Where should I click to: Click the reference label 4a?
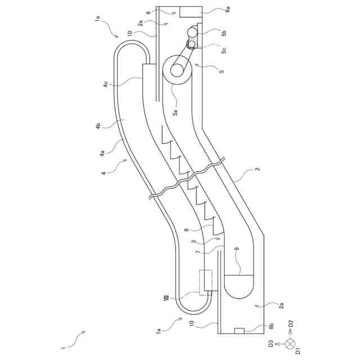pyautogui.click(x=102, y=152)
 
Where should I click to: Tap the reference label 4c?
pyautogui.click(x=105, y=84)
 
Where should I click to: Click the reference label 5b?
pyautogui.click(x=223, y=33)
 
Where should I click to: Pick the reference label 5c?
pyautogui.click(x=223, y=50)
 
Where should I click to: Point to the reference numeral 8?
pyautogui.click(x=186, y=229)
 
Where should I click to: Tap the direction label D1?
pyautogui.click(x=298, y=352)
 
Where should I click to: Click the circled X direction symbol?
pyautogui.click(x=290, y=343)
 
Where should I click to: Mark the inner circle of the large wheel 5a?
pyautogui.click(x=177, y=70)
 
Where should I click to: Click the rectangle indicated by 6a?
pyautogui.click(x=191, y=12)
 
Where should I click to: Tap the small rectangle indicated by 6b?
pyautogui.click(x=239, y=330)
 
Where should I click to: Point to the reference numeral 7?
pyautogui.click(x=197, y=253)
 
